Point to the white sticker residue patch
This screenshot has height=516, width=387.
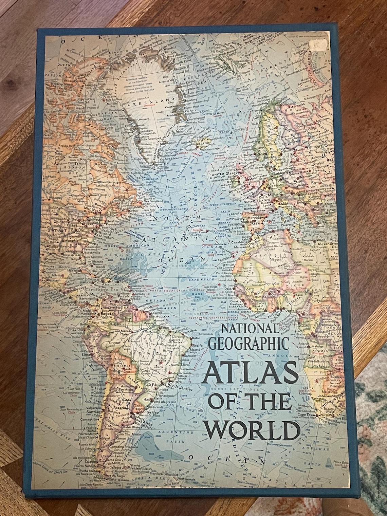click(319, 45)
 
